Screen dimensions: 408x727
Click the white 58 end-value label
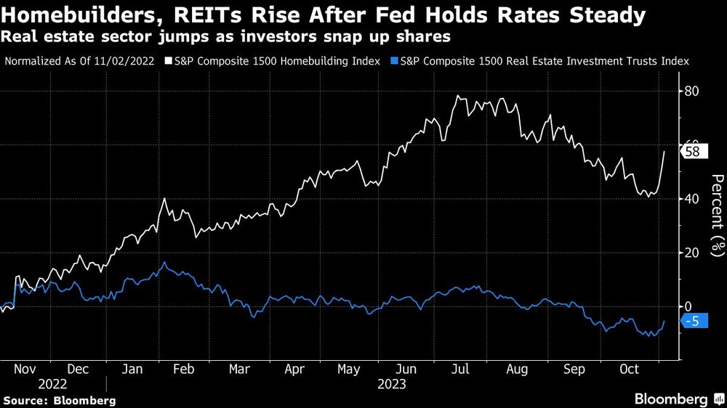[694, 151]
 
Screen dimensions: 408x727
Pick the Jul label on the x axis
[461, 369]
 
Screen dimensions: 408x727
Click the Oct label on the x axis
[629, 369]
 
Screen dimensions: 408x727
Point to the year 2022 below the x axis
[53, 384]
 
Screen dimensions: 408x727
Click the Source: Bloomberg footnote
[60, 400]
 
